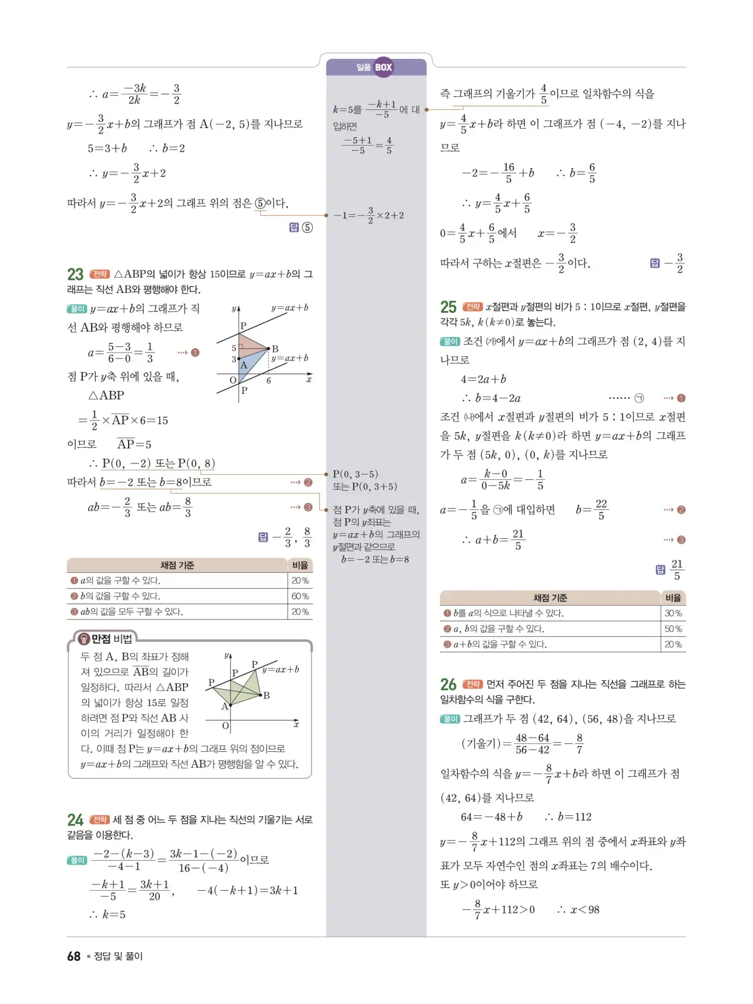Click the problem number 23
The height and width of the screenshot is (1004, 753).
pyautogui.click(x=75, y=275)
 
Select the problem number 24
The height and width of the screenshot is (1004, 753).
pyautogui.click(x=75, y=820)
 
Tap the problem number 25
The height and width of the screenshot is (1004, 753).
pyautogui.click(x=448, y=307)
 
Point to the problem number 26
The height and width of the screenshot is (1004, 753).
pyautogui.click(x=448, y=685)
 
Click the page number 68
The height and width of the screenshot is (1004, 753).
pyautogui.click(x=74, y=956)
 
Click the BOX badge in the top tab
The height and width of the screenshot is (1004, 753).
pyautogui.click(x=384, y=67)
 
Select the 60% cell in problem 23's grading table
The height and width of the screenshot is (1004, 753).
pyautogui.click(x=300, y=596)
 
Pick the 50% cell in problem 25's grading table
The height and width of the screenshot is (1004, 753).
pyautogui.click(x=673, y=629)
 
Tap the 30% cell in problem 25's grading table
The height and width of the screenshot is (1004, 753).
pyautogui.click(x=673, y=613)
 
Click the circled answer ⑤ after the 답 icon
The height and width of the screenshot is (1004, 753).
pyautogui.click(x=307, y=228)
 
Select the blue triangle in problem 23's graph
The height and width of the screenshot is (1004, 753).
pyautogui.click(x=251, y=365)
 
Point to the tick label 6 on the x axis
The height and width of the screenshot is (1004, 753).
pyautogui.click(x=269, y=381)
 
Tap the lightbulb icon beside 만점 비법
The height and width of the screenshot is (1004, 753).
pyautogui.click(x=84, y=639)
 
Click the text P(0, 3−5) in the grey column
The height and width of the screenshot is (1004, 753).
pyautogui.click(x=355, y=474)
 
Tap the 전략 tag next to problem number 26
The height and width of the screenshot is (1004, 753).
pyautogui.click(x=473, y=684)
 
